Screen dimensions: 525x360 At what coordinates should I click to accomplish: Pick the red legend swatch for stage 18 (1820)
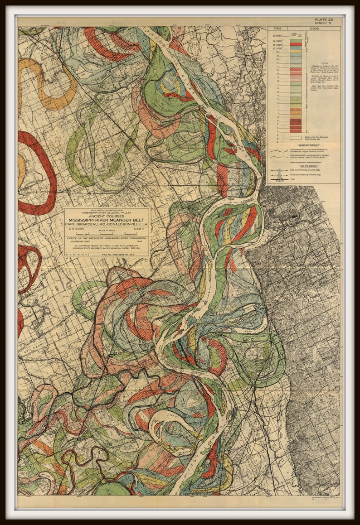(x=295, y=44)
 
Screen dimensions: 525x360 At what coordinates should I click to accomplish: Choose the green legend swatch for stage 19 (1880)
(x=295, y=41)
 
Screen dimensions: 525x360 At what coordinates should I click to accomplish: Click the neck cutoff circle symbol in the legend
(x=280, y=170)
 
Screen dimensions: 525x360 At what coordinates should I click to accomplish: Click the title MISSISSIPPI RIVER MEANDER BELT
(x=107, y=221)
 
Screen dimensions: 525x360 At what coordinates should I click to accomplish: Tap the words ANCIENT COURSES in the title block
(x=107, y=216)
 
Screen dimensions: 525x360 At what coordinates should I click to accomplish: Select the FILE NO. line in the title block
(x=119, y=255)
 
